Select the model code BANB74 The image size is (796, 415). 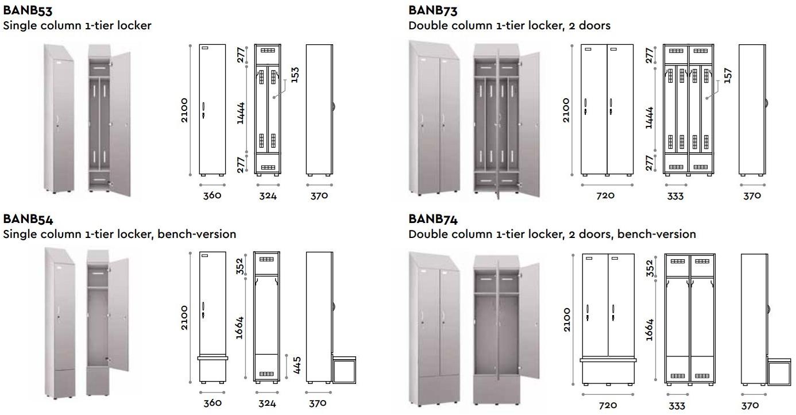[x=433, y=219]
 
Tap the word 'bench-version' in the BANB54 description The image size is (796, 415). [x=199, y=234]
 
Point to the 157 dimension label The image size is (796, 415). [x=728, y=74]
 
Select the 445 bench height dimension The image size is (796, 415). [x=297, y=364]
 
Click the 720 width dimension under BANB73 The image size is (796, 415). [x=606, y=195]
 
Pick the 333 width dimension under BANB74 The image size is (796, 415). [x=677, y=406]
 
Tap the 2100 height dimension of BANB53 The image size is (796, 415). [x=184, y=110]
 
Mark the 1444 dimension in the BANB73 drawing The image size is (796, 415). [x=650, y=117]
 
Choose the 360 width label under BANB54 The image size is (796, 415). [x=212, y=404]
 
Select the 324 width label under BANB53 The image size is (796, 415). [x=268, y=195]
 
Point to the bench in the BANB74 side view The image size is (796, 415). [x=779, y=371]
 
